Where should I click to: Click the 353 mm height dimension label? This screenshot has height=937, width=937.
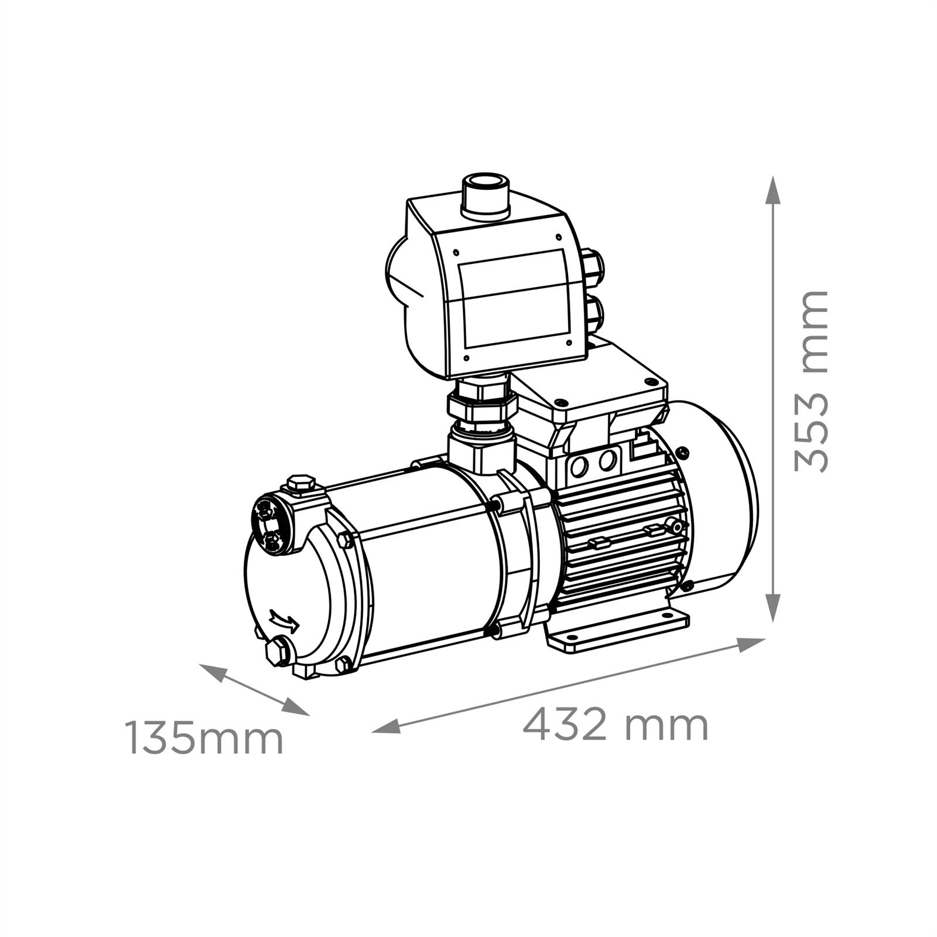click(x=812, y=381)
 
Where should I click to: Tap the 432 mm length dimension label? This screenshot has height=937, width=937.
click(x=615, y=725)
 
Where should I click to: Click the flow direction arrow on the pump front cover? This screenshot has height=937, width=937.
click(x=285, y=620)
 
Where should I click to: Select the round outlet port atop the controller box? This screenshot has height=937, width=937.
click(x=486, y=195)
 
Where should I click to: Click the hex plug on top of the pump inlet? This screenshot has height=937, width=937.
click(x=301, y=485)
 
